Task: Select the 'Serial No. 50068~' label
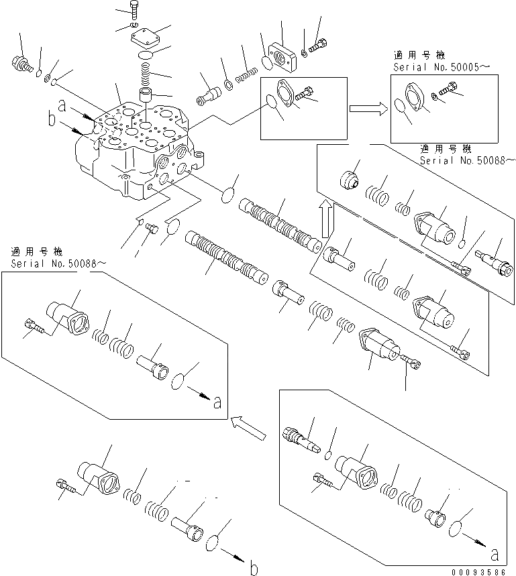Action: point(468,160)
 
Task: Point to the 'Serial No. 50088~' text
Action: point(58,264)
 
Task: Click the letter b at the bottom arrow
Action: point(254,569)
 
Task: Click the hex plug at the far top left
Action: point(22,64)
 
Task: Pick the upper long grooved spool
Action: point(278,224)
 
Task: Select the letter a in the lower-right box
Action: point(494,555)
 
